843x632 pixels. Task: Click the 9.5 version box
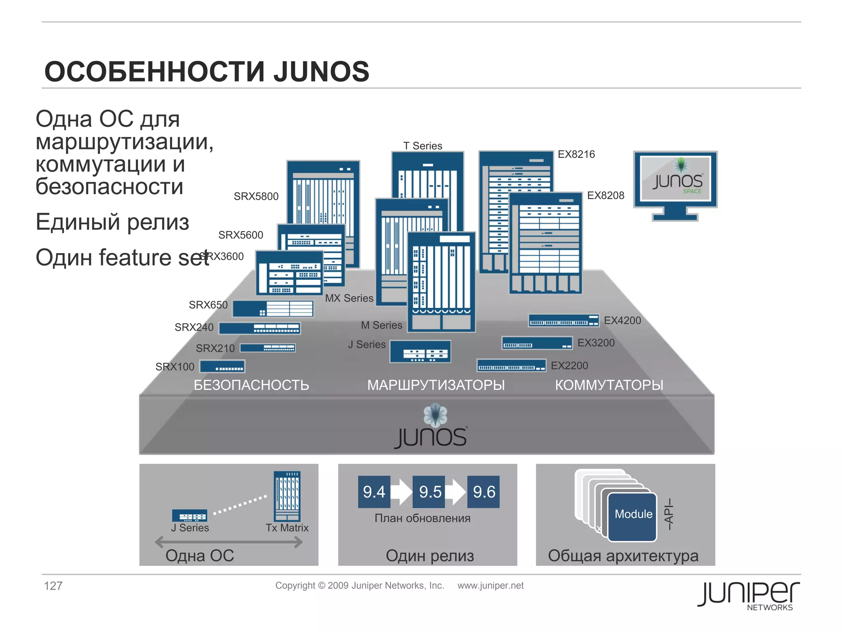(429, 492)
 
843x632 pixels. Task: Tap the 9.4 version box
(374, 492)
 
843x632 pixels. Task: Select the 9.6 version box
(484, 492)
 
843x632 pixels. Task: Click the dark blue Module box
(633, 517)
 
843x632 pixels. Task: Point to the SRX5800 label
(256, 196)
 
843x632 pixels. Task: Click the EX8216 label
(576, 154)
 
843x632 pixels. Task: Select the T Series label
(422, 146)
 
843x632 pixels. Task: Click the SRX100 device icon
(222, 366)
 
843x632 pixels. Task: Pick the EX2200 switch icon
(511, 365)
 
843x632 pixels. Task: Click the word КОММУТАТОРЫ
(609, 385)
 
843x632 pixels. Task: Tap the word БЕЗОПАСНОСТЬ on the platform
(251, 385)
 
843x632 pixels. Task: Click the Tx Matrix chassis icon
(287, 496)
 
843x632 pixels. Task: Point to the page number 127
(53, 586)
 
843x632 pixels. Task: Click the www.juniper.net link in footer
(490, 586)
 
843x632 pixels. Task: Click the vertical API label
(668, 514)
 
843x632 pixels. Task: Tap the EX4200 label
(622, 321)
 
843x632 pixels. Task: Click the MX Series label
(349, 298)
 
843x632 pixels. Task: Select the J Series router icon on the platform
(420, 352)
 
